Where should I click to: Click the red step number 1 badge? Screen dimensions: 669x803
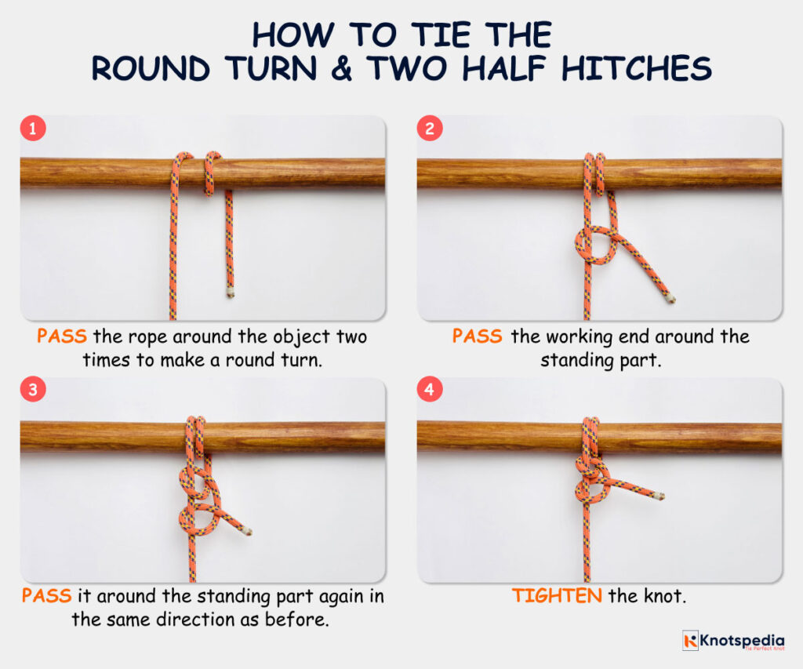32,129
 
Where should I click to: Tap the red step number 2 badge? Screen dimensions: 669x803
429,129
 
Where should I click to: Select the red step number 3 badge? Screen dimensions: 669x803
32,390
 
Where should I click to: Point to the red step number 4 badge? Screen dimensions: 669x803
429,390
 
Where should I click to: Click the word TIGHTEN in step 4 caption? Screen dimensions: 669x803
557,596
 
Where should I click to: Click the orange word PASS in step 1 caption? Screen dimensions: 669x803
62,337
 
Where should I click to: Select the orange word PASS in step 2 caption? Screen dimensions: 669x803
477,337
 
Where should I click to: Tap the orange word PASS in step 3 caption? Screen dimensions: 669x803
46,596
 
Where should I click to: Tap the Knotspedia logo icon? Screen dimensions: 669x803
690,640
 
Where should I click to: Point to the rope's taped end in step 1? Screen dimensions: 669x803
231,291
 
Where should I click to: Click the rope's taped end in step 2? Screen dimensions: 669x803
670,298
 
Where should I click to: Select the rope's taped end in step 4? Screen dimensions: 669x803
659,496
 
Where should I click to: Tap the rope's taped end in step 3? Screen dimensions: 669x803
247,531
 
